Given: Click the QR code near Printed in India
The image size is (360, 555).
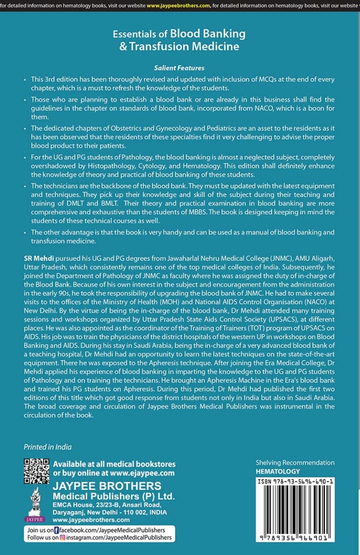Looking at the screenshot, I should click(x=36, y=472).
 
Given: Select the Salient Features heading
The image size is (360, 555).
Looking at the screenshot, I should click(x=179, y=68).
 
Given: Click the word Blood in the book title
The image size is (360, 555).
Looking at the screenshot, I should click(x=188, y=34).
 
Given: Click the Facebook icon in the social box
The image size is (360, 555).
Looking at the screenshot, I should click(x=56, y=530).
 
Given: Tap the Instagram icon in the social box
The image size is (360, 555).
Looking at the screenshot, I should click(x=63, y=538).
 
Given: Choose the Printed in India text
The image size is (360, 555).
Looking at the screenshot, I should click(x=48, y=447).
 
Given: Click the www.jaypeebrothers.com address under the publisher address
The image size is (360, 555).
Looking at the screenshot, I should click(x=91, y=520).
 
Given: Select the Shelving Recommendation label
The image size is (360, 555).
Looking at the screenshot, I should click(x=295, y=462).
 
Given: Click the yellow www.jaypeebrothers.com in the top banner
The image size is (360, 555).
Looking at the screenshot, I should click(x=178, y=6).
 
